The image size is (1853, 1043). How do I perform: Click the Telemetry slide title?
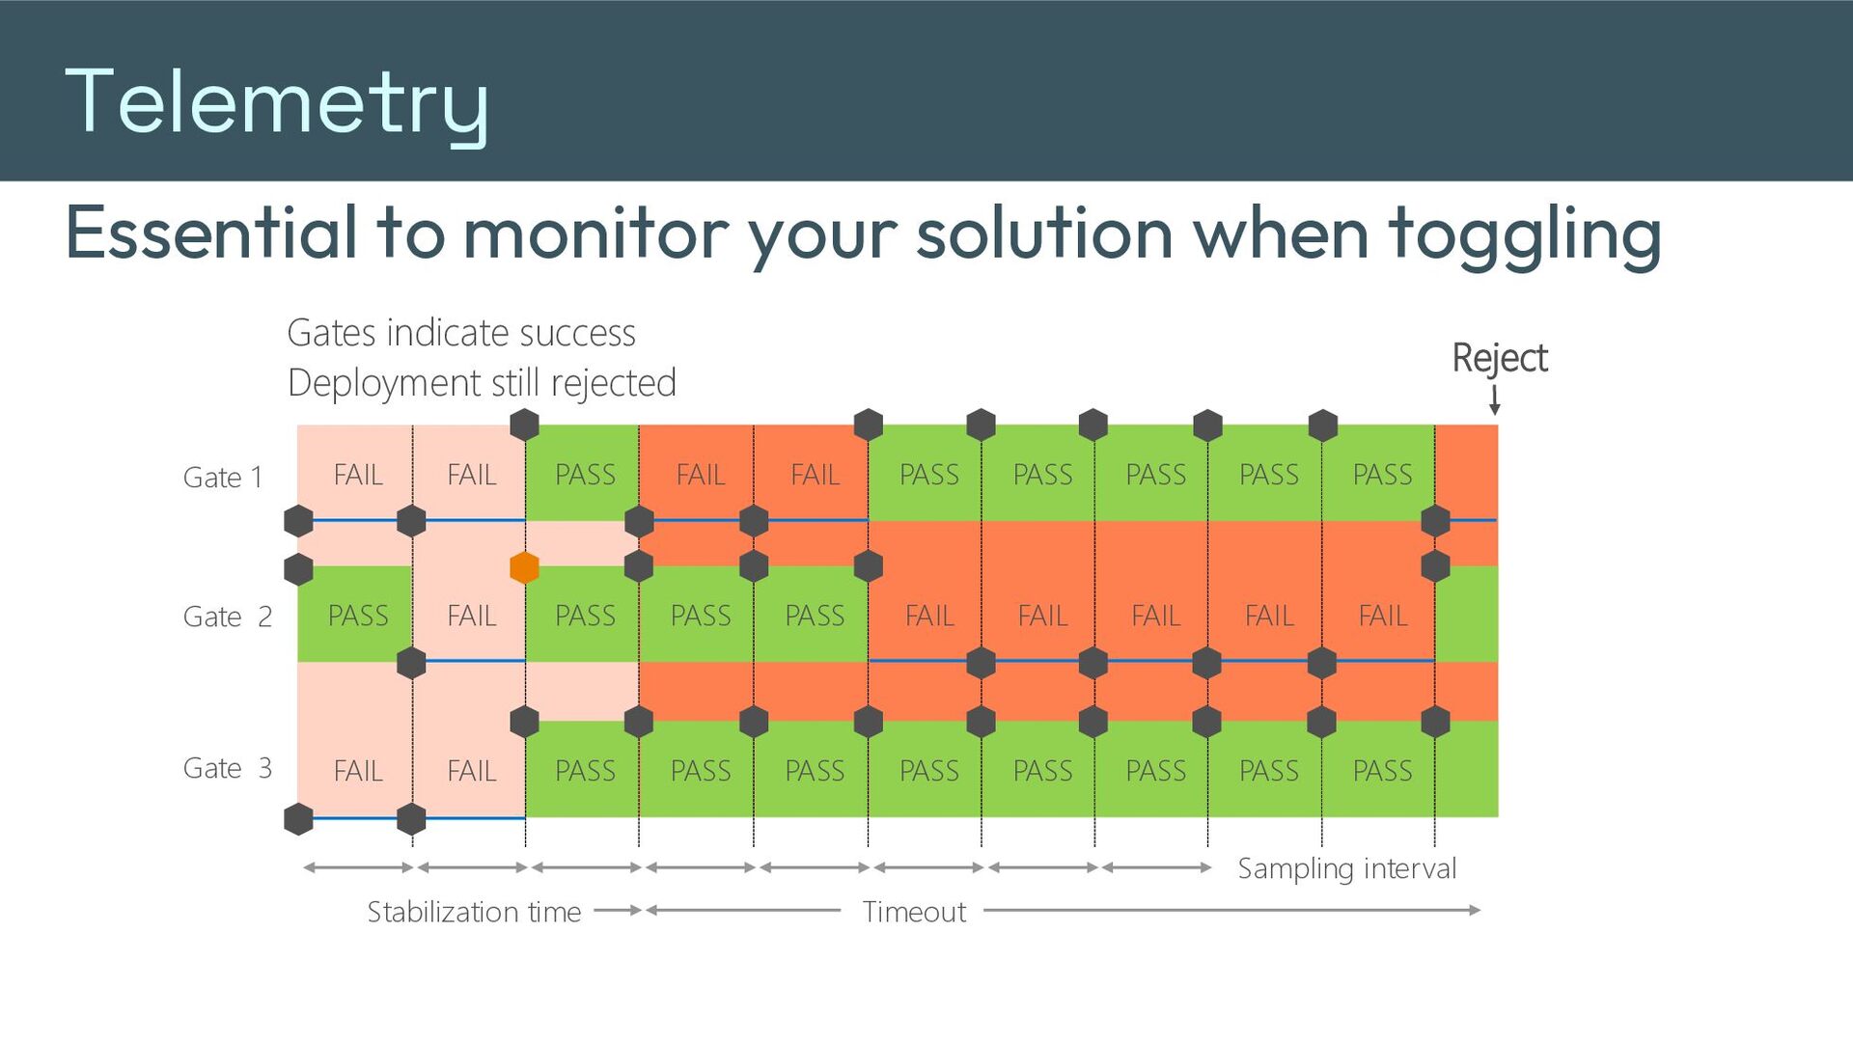pos(277,104)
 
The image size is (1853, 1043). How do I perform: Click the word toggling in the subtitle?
pos(1525,234)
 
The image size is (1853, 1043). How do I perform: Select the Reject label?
pos(1500,358)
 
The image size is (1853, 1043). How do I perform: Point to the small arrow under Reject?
pos(1494,399)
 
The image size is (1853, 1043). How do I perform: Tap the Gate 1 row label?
pos(223,478)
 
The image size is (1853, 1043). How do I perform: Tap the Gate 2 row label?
pos(228,617)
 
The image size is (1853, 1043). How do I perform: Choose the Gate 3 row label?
pos(228,768)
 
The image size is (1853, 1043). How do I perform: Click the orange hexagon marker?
pos(524,567)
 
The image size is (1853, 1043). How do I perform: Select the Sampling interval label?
pos(1347,869)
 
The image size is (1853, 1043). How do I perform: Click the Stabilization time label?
pos(474,912)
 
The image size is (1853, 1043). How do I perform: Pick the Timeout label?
pos(914,912)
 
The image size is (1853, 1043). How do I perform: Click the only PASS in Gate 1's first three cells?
pos(585,475)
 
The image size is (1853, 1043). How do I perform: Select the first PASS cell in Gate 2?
pos(358,616)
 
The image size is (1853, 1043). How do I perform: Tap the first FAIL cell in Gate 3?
pos(358,771)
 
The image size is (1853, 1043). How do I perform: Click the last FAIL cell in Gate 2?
pos(1383,616)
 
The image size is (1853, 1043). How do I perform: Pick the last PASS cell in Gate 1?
pos(1382,475)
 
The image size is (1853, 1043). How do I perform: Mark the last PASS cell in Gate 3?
pos(1382,771)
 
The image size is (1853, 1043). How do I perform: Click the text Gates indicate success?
pos(461,333)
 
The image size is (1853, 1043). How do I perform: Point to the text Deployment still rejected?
pos(482,383)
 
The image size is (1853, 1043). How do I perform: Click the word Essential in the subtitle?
pos(211,233)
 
